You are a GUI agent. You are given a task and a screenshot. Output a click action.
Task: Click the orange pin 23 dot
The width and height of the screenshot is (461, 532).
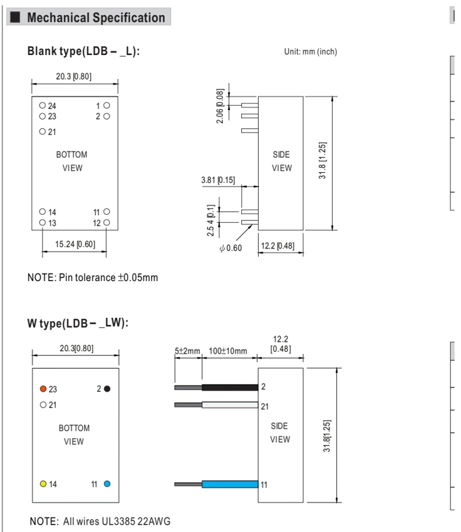click(x=43, y=389)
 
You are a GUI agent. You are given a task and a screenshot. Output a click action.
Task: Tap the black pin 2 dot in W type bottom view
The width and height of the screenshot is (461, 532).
click(x=107, y=389)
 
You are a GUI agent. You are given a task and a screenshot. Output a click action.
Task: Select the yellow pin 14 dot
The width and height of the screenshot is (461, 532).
click(x=43, y=484)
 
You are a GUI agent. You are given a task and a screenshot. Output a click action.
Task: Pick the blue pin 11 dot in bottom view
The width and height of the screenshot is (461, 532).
click(x=107, y=484)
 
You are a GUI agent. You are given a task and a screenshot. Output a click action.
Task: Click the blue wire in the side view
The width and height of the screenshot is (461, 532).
click(x=230, y=484)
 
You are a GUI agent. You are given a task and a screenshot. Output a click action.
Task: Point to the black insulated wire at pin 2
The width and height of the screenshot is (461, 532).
click(x=230, y=387)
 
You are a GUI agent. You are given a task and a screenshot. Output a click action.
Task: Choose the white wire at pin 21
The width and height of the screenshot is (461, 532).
click(x=230, y=405)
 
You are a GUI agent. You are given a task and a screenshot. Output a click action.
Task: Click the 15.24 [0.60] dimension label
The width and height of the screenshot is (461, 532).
click(x=75, y=244)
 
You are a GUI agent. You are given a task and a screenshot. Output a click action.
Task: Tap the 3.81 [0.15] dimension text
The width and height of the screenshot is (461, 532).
click(x=218, y=180)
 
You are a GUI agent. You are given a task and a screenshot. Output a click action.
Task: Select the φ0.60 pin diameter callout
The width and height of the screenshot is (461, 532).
click(x=231, y=248)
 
